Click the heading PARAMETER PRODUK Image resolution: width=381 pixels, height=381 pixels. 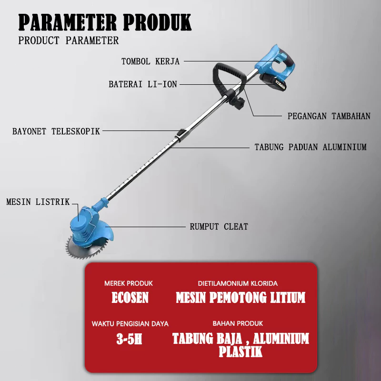tap(105, 22)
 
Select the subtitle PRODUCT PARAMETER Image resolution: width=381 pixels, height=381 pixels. tap(69, 40)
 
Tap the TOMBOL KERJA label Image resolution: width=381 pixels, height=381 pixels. tap(150, 61)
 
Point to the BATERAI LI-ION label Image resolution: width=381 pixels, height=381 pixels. tap(143, 84)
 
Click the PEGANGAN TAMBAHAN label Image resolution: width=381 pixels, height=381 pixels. tap(329, 116)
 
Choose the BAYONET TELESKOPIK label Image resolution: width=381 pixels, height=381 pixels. tap(56, 131)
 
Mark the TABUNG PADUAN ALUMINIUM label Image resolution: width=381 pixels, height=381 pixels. tap(311, 147)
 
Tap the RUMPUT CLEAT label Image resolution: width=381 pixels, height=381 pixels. tap(219, 227)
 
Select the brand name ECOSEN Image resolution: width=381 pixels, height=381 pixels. tap(130, 298)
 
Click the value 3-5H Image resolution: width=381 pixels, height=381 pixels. tap(130, 339)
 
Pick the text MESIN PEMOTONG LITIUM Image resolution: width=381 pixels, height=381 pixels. tap(241, 298)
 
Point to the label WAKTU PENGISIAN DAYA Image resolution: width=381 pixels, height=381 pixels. tap(130, 324)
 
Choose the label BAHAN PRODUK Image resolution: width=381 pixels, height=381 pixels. tap(238, 324)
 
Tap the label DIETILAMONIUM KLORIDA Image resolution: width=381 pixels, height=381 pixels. tap(238, 283)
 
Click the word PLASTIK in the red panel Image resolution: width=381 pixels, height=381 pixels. tap(241, 352)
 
